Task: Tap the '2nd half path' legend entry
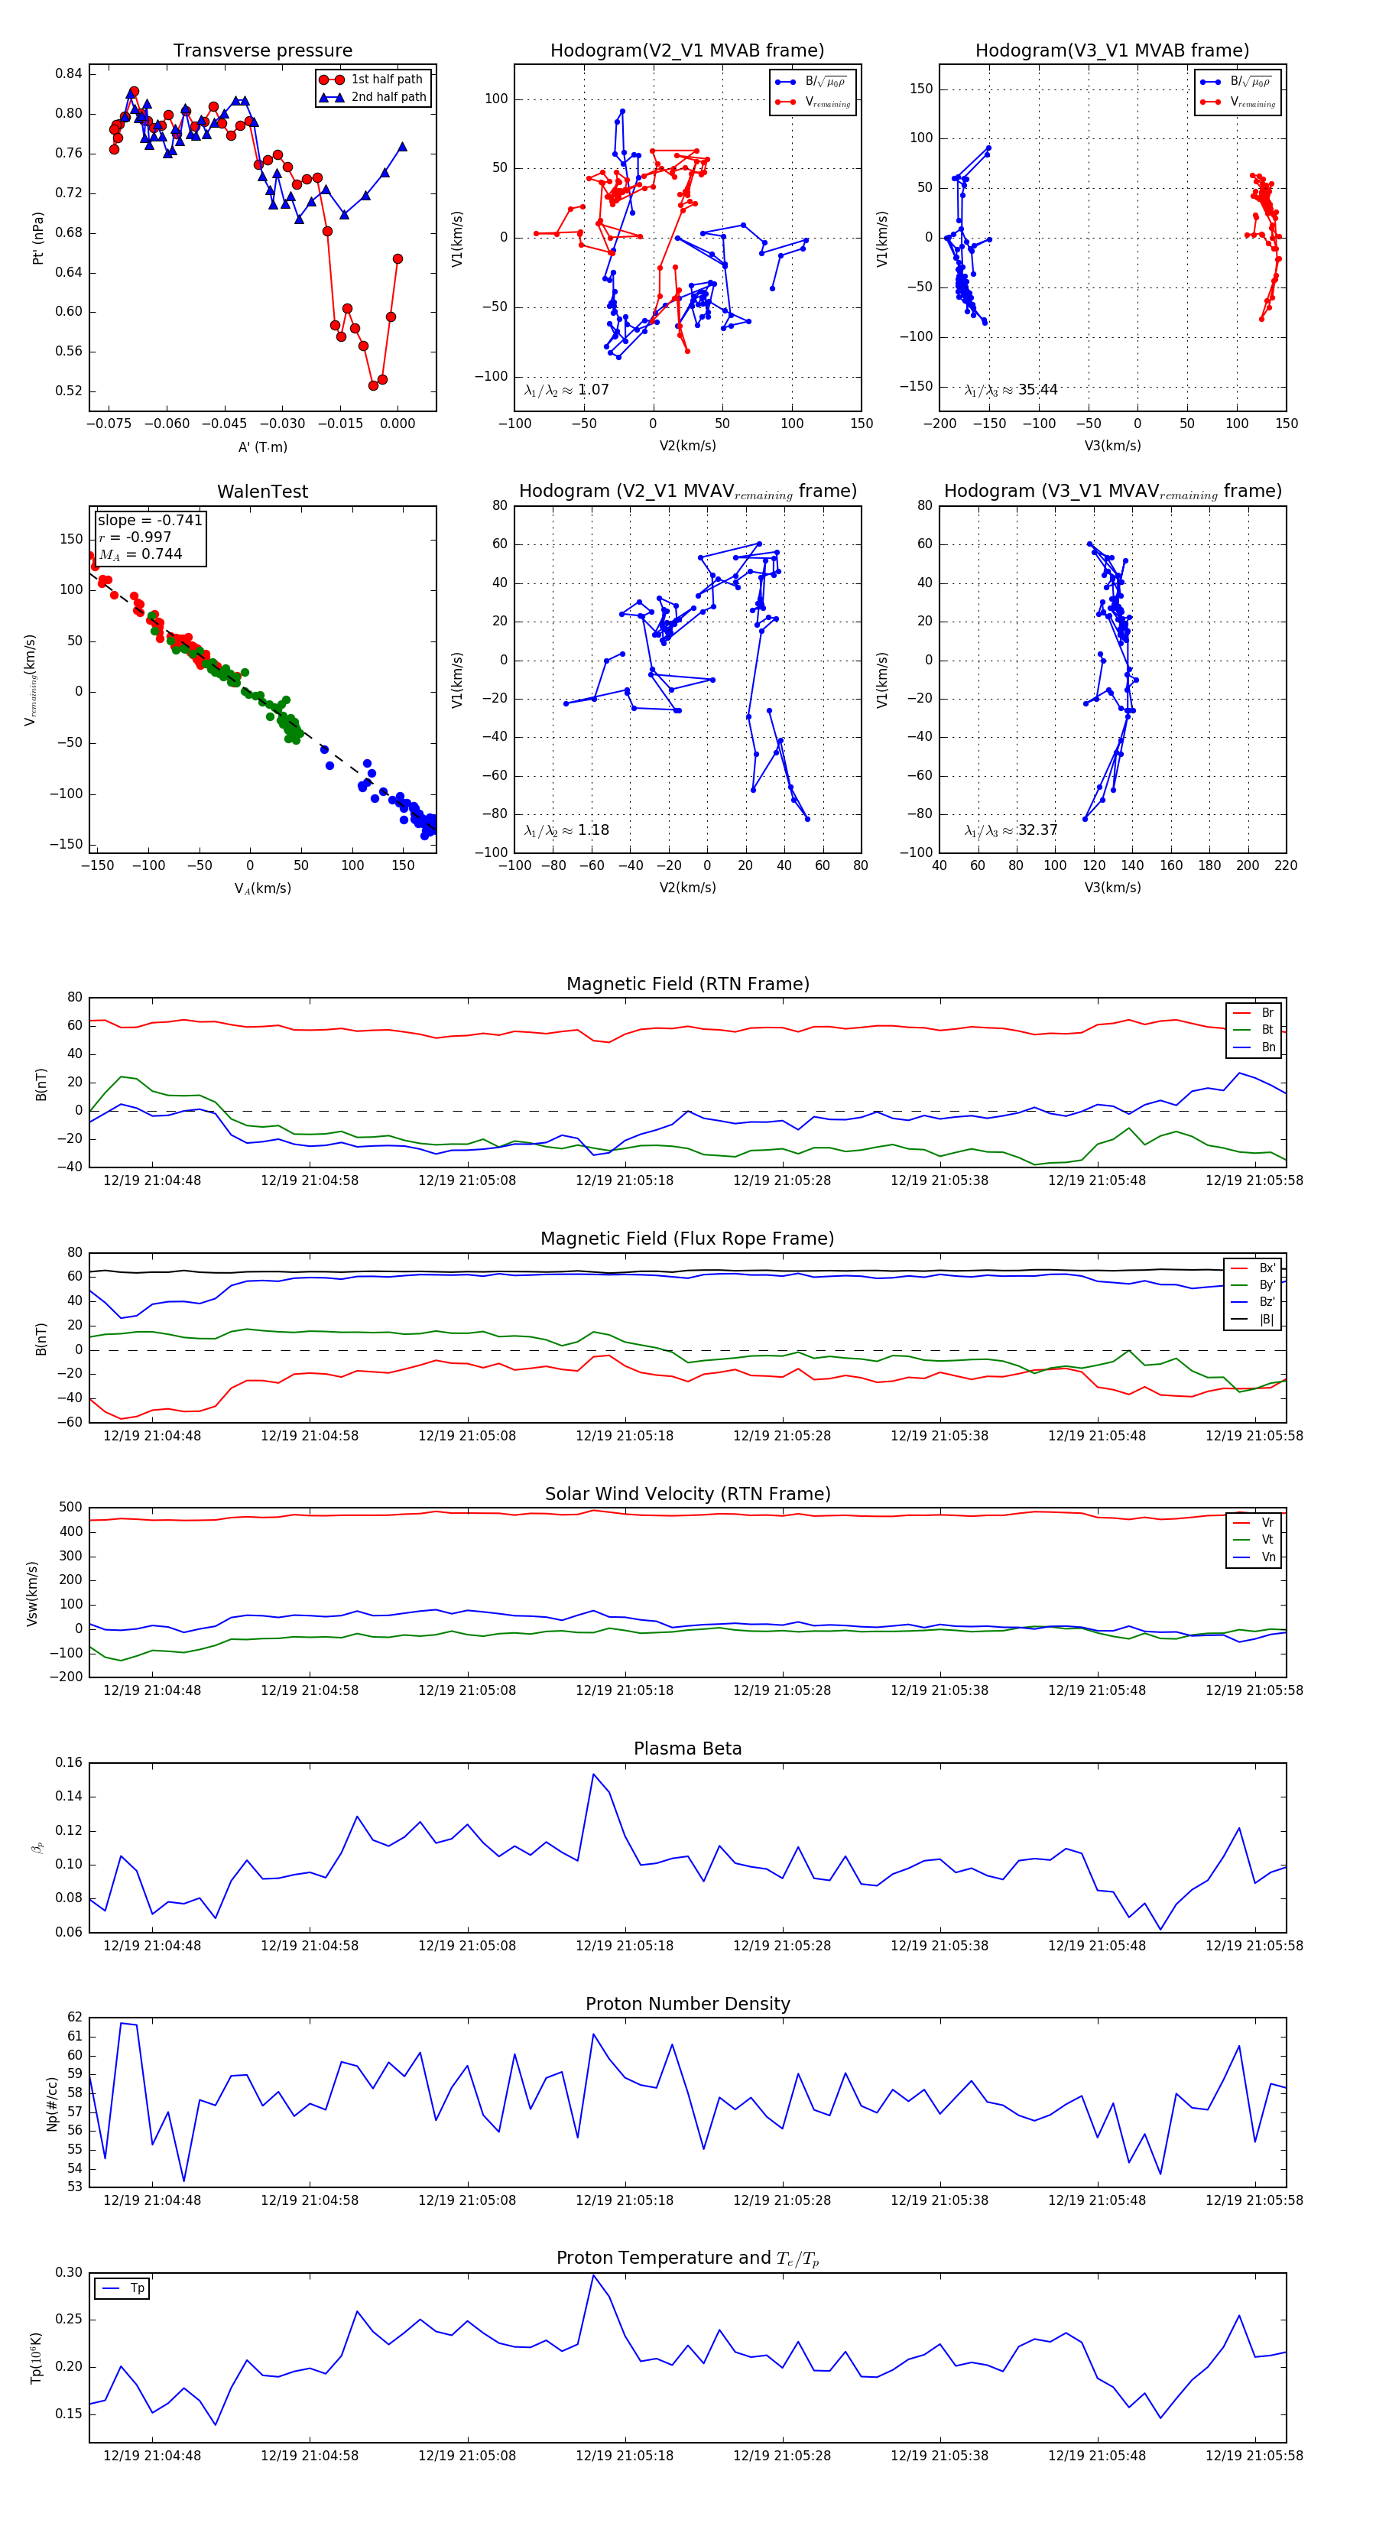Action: [388, 97]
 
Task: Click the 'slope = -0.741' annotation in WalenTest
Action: [150, 520]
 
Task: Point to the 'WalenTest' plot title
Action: [262, 492]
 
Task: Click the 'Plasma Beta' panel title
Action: [687, 1749]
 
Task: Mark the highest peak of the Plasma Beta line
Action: [593, 1774]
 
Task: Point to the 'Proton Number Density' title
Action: [687, 2003]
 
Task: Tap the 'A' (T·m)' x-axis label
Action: [262, 446]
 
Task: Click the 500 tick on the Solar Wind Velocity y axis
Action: [70, 1508]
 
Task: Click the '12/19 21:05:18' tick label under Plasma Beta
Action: [624, 1945]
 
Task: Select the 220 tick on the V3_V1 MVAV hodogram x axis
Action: [1285, 865]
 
